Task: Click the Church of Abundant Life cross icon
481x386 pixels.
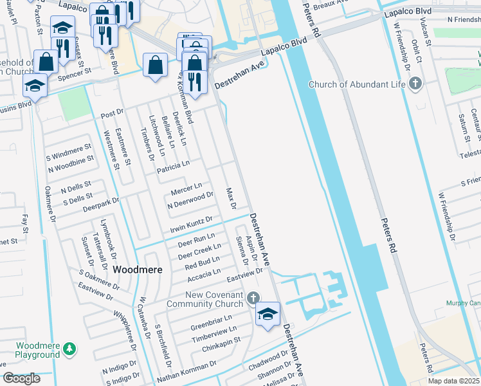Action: pos(416,83)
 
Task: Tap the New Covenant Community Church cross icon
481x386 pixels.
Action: pos(253,298)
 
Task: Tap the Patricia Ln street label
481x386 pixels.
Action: pos(173,165)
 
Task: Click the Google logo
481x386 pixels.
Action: pos(22,378)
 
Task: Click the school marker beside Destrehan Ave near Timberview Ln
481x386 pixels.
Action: pos(268,314)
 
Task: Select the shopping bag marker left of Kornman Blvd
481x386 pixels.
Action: pos(156,65)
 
